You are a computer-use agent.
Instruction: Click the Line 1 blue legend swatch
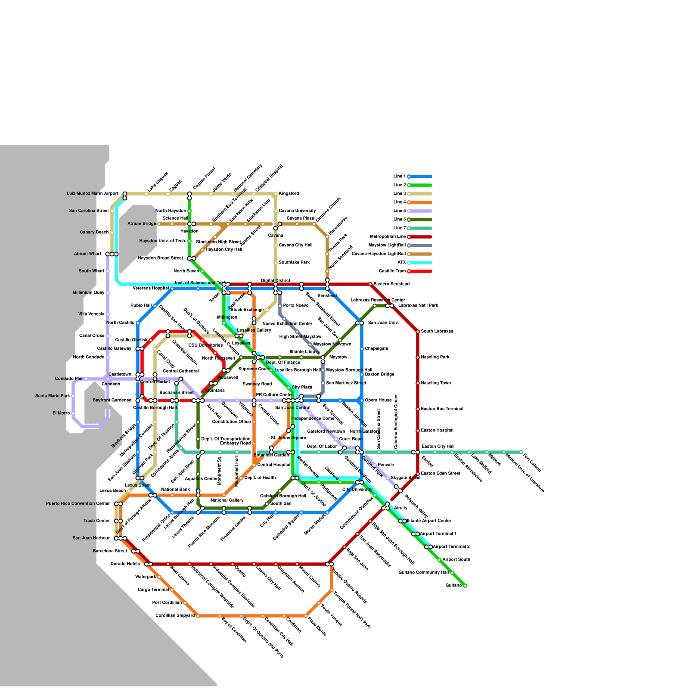tap(420, 177)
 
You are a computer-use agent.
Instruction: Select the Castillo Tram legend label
tap(392, 271)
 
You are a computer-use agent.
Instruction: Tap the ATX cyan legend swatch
tap(420, 263)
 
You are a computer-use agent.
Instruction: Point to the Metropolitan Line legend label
tap(388, 237)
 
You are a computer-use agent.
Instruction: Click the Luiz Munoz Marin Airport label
tap(92, 194)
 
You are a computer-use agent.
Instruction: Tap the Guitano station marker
tap(465, 586)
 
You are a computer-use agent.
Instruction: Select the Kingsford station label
tap(289, 194)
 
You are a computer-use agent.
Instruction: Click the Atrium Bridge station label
tap(142, 224)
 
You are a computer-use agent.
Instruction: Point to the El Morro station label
tap(61, 413)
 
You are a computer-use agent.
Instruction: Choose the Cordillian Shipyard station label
tap(175, 616)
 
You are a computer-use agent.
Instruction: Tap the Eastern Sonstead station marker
tap(370, 284)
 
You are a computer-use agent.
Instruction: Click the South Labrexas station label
tap(437, 332)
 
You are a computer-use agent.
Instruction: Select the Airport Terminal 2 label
tap(451, 547)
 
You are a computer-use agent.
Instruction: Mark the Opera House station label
tap(379, 400)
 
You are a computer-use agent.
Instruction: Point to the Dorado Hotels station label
tap(125, 564)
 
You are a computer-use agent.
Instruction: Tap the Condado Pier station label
tap(69, 379)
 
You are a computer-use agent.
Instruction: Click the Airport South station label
tap(456, 560)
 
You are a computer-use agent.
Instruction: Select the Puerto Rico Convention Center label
tap(78, 504)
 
